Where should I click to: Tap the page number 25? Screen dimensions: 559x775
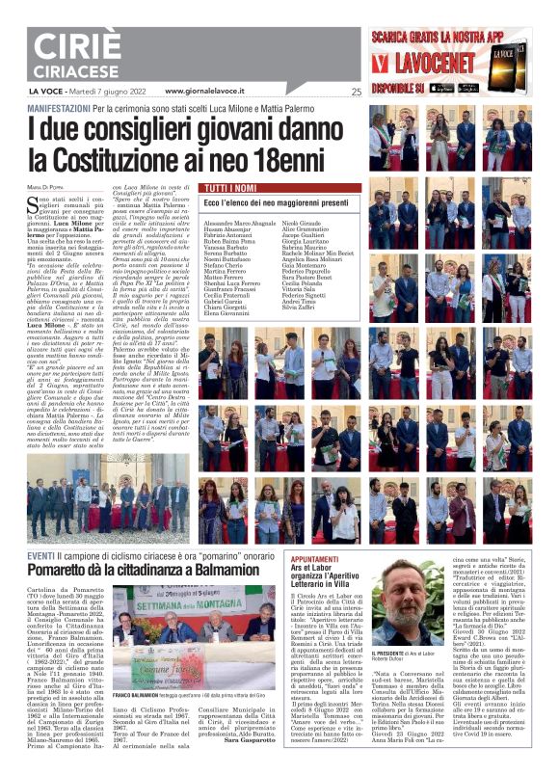pos(356,93)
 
